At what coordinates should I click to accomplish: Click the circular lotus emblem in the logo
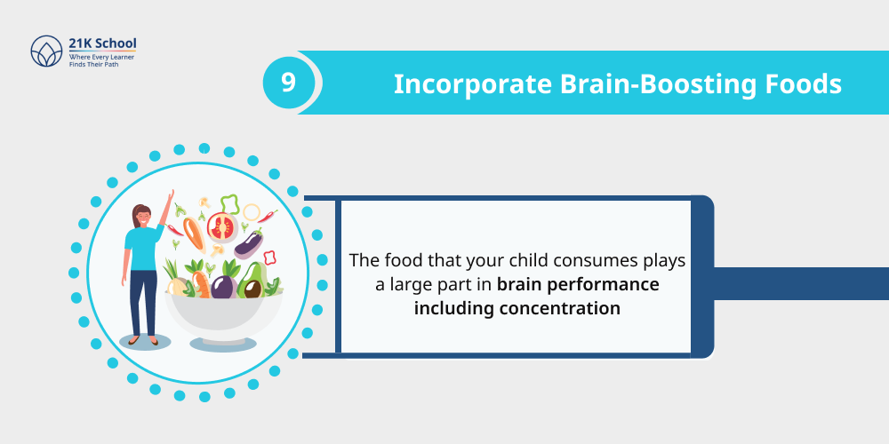tap(45, 52)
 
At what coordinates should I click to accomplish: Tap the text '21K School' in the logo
tap(102, 44)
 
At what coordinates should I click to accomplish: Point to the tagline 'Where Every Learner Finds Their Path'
tap(100, 60)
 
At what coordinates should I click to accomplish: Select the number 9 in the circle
tap(288, 83)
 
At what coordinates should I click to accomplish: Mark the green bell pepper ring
tap(229, 204)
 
